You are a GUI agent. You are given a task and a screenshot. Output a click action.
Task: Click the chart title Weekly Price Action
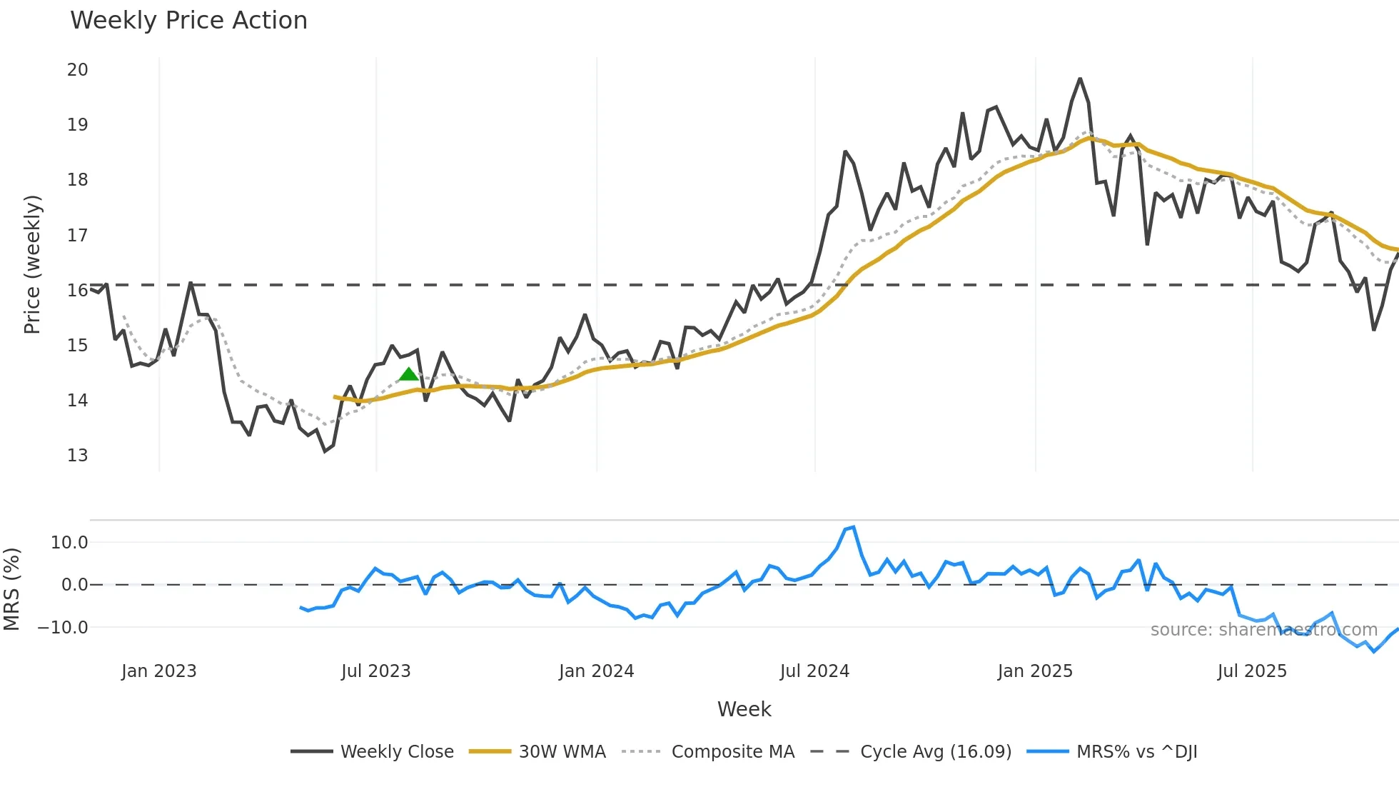[x=188, y=21]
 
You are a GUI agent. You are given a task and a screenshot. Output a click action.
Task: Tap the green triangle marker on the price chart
[x=408, y=374]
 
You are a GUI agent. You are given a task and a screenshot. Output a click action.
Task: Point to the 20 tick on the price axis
[x=77, y=70]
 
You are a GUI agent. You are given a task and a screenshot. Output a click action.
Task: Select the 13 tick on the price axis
[x=77, y=456]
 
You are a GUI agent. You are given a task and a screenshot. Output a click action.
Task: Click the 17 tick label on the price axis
[x=77, y=235]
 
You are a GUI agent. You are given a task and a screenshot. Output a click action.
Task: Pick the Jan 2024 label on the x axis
[x=596, y=671]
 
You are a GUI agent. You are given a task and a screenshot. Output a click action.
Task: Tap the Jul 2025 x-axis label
[x=1252, y=671]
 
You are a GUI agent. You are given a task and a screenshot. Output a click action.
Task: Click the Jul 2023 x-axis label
[x=375, y=671]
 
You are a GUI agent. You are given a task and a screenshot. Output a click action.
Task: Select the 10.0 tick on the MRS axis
[x=69, y=543]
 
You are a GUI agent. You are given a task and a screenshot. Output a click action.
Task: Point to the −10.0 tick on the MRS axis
[x=63, y=628]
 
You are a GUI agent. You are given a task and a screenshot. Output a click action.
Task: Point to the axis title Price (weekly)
[x=32, y=264]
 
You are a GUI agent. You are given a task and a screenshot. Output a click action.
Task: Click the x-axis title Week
[x=744, y=709]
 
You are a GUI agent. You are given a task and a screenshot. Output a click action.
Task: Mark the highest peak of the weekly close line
[x=1080, y=79]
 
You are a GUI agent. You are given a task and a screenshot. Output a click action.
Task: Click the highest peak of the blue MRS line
[x=854, y=528]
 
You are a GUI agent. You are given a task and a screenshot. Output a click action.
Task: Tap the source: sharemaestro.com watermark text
[x=1263, y=630]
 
